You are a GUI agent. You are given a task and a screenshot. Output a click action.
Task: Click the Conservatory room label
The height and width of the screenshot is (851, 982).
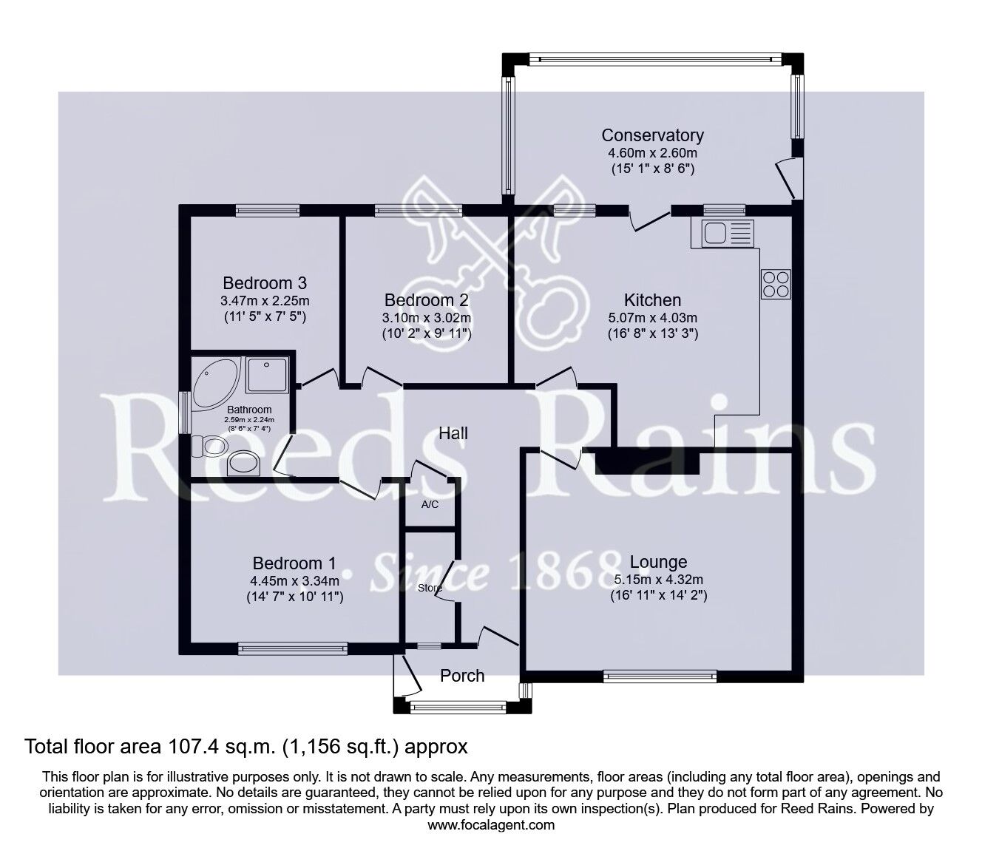(x=652, y=135)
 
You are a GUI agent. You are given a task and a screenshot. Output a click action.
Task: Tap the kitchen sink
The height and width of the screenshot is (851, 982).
(x=722, y=234)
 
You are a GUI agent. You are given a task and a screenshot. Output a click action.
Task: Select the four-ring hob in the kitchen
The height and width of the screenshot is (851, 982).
(x=776, y=284)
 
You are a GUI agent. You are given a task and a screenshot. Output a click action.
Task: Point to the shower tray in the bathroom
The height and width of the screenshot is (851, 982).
(x=267, y=375)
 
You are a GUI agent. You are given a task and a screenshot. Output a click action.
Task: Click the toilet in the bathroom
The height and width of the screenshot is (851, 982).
(x=208, y=447)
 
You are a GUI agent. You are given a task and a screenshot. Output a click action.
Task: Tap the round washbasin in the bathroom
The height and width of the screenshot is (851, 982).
(x=243, y=464)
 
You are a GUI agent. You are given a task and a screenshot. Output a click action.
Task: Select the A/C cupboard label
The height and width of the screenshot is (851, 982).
(x=430, y=504)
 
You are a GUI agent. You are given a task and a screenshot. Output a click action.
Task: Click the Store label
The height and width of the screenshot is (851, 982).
(x=430, y=588)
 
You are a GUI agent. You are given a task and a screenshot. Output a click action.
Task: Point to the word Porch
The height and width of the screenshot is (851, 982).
(x=462, y=676)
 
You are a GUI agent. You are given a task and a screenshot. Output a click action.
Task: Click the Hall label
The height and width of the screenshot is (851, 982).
(x=453, y=433)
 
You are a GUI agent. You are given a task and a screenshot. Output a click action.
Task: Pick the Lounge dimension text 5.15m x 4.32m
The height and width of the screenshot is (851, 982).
(x=658, y=579)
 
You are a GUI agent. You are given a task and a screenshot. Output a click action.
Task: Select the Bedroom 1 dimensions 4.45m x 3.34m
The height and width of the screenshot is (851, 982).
(x=294, y=580)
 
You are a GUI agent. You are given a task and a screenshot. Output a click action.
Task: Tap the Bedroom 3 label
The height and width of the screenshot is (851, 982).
(x=265, y=283)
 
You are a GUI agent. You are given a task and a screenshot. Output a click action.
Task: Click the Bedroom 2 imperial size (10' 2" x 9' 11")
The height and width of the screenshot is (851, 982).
(x=427, y=334)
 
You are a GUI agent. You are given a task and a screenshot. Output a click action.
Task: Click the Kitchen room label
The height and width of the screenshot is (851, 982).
(x=652, y=300)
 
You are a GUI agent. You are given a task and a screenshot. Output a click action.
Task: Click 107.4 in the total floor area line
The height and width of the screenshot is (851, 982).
(x=193, y=747)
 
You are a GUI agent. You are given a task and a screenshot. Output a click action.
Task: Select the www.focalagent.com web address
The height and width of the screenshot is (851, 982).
(x=491, y=825)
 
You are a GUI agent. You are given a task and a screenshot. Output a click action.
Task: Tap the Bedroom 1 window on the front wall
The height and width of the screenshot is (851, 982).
(x=293, y=648)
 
